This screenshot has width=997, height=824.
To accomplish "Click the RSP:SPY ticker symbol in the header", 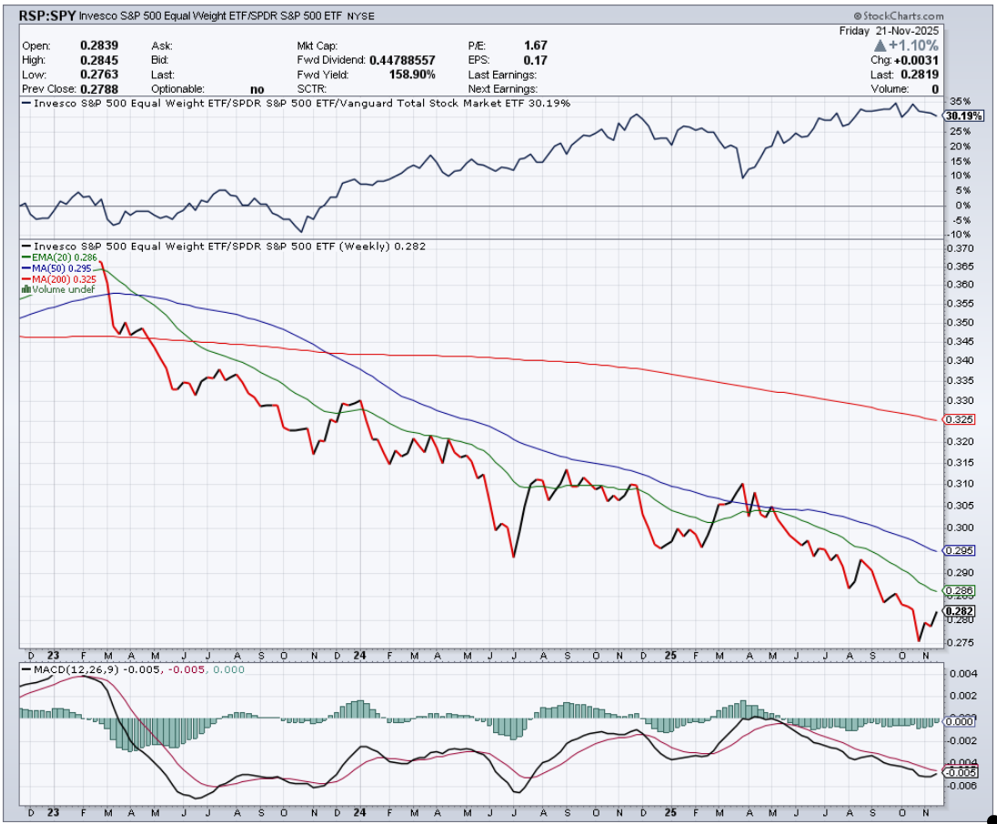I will [46, 16].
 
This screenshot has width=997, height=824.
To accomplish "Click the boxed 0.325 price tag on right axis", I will [961, 419].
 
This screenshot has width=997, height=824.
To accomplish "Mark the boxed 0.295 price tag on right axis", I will [961, 550].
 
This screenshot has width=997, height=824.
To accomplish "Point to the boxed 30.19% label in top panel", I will [962, 116].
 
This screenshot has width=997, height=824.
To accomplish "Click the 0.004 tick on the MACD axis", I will [962, 674].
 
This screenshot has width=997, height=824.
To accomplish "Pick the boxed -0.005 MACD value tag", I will [961, 772].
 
